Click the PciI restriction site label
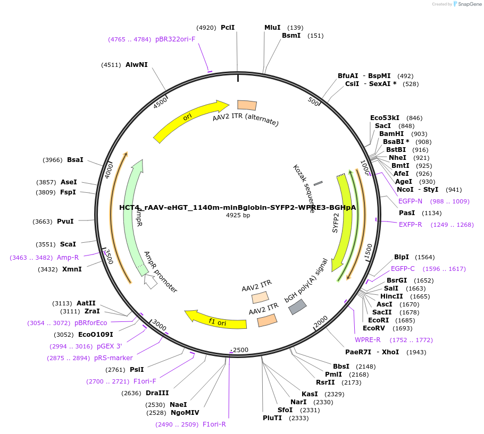(x=228, y=27)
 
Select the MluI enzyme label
(x=272, y=27)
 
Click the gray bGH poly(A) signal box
(x=297, y=307)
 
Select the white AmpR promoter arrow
(x=151, y=282)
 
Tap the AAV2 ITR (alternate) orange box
(x=247, y=105)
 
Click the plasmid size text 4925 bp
(x=238, y=215)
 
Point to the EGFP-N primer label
(x=410, y=201)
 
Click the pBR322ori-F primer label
(x=175, y=39)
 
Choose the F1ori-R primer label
(x=214, y=424)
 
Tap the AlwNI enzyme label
(x=137, y=65)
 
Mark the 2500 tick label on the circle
(x=241, y=350)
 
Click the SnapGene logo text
(x=468, y=4)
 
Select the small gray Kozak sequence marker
(x=318, y=183)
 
